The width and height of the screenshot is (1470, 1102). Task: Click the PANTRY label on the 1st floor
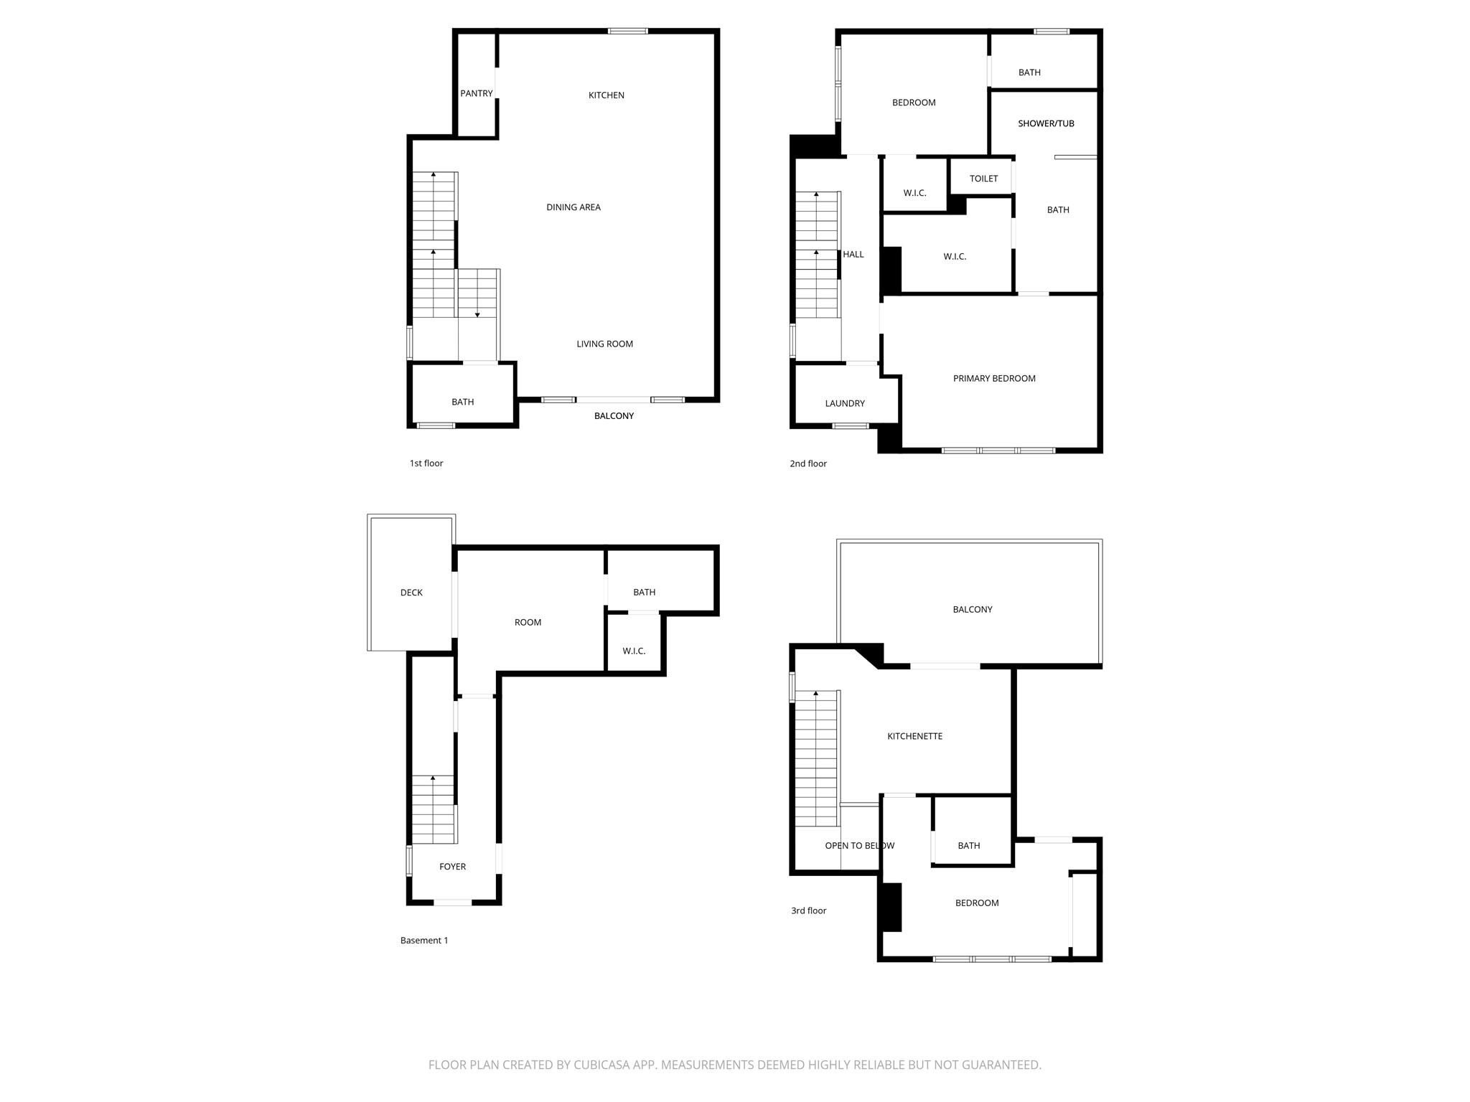(x=477, y=93)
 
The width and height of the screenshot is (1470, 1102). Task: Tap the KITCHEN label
(x=607, y=95)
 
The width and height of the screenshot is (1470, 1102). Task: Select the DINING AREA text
(x=574, y=207)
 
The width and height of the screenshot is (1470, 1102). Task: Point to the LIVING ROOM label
(x=605, y=344)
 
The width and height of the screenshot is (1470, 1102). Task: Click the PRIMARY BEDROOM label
(x=994, y=378)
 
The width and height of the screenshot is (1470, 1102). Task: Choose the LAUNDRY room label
(x=845, y=403)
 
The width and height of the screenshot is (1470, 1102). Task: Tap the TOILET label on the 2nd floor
(x=983, y=179)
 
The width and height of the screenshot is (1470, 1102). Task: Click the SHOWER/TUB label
(x=1046, y=123)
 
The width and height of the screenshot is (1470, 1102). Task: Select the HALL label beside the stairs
(x=853, y=254)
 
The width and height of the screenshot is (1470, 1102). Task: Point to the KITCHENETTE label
(x=914, y=736)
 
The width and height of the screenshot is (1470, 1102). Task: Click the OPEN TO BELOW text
(x=860, y=845)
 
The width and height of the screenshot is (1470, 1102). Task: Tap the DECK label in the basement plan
(x=411, y=593)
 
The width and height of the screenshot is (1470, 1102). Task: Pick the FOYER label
(x=452, y=867)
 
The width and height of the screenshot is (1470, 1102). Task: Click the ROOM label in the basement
(x=528, y=622)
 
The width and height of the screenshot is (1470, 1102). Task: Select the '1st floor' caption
(x=426, y=463)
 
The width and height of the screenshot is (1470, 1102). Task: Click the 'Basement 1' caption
(x=424, y=941)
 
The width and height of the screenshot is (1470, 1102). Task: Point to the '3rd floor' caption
(x=809, y=910)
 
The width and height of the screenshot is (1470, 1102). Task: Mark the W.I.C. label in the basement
(x=634, y=651)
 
